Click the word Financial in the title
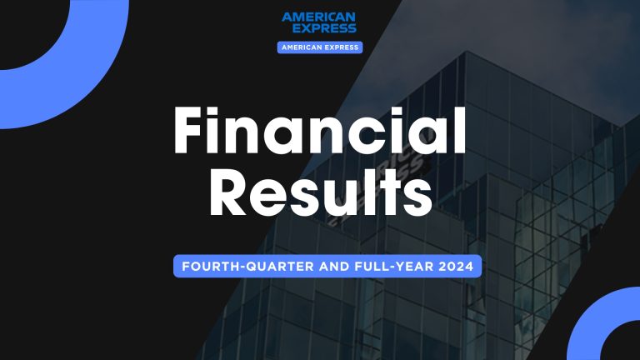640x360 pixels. coord(319,133)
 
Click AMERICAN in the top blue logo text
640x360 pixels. coord(319,17)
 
